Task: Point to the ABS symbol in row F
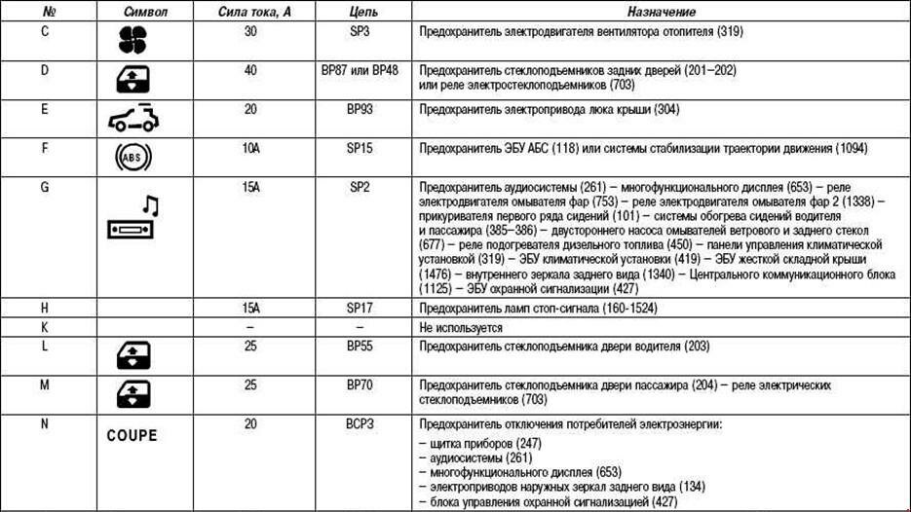pos(133,157)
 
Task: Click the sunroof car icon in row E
pos(133,118)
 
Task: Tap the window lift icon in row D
pos(133,80)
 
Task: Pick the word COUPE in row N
pos(132,435)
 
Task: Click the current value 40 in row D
pos(250,70)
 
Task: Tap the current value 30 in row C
pos(250,31)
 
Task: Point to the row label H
pos(45,308)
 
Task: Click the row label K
pos(45,327)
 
